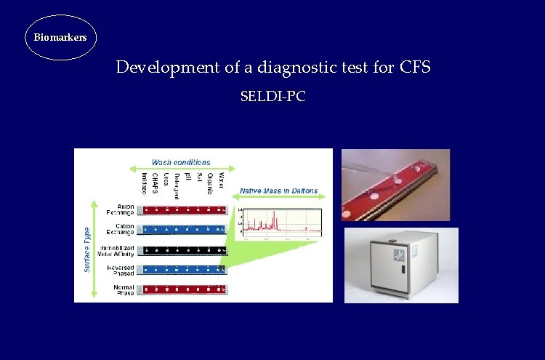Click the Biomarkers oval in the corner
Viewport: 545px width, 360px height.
coord(60,36)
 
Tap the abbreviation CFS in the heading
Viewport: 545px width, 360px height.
coord(415,68)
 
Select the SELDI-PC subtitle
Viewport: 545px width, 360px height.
coord(272,95)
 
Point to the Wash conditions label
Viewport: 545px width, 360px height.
coord(181,162)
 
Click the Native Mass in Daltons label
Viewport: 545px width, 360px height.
coord(279,191)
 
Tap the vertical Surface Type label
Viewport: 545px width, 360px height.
coord(88,249)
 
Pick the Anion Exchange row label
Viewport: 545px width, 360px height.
coord(120,209)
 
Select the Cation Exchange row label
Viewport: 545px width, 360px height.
coord(120,229)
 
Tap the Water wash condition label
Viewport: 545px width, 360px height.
coord(222,179)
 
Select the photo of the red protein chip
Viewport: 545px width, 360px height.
coord(395,185)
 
